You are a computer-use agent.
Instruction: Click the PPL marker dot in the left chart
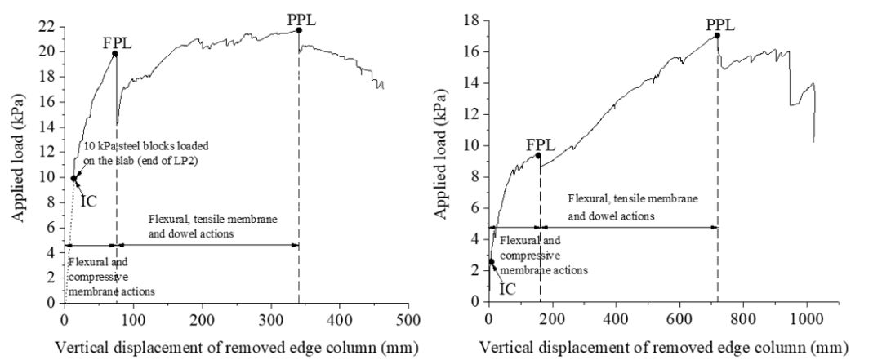pyautogui.click(x=299, y=30)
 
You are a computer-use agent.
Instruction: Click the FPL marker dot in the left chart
pyautogui.click(x=115, y=54)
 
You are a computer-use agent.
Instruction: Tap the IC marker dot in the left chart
pyautogui.click(x=73, y=178)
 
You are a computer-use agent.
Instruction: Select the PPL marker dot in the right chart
pyautogui.click(x=717, y=35)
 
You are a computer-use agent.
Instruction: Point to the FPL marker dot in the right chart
pyautogui.click(x=538, y=155)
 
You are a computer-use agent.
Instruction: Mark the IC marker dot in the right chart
pyautogui.click(x=492, y=262)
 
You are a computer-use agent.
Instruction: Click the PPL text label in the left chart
pyautogui.click(x=301, y=16)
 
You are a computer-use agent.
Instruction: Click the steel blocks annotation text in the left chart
pyautogui.click(x=145, y=152)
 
